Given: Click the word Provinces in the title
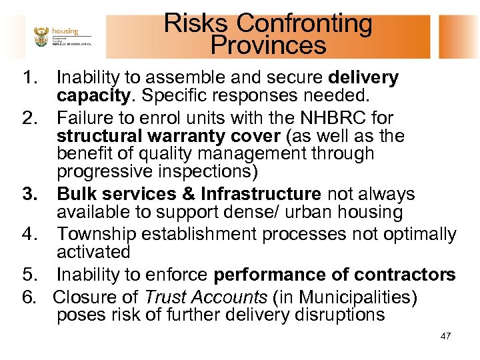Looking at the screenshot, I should click(268, 45).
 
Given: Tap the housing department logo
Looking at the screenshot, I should click(61, 37).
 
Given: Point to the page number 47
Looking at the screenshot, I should click(445, 336).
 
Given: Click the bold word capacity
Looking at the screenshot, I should click(93, 96).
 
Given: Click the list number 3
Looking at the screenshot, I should click(29, 195).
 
